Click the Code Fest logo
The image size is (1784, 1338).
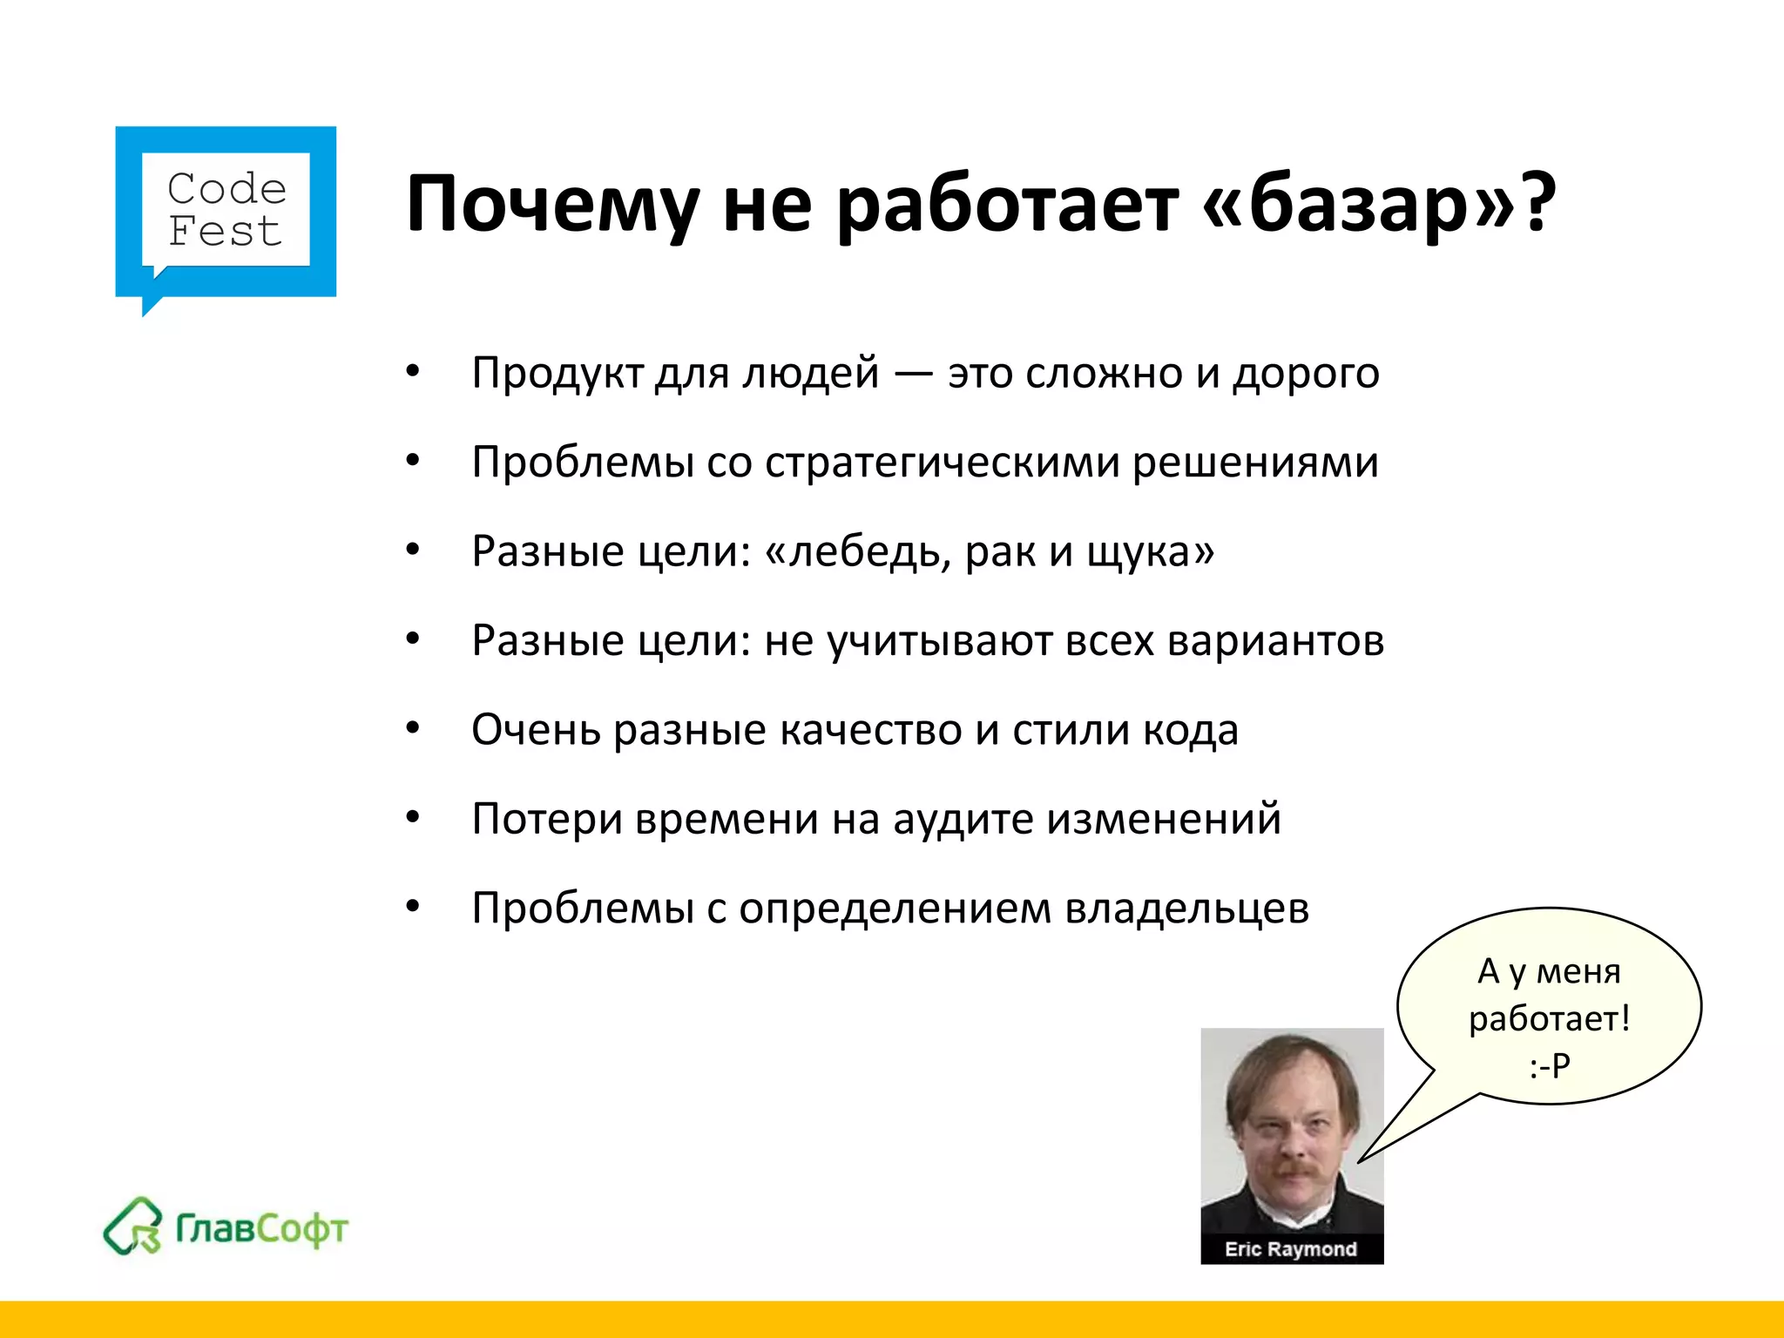pyautogui.click(x=226, y=212)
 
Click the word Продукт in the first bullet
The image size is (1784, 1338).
pyautogui.click(x=557, y=374)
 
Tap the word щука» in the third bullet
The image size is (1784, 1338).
pyautogui.click(x=1150, y=552)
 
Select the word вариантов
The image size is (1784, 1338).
pyautogui.click(x=1275, y=641)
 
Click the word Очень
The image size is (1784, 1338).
pyautogui.click(x=535, y=730)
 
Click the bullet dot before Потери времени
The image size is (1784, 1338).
pyautogui.click(x=413, y=818)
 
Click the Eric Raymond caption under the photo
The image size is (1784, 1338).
pyautogui.click(x=1291, y=1249)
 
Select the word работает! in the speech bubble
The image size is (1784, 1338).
pyautogui.click(x=1549, y=1018)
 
